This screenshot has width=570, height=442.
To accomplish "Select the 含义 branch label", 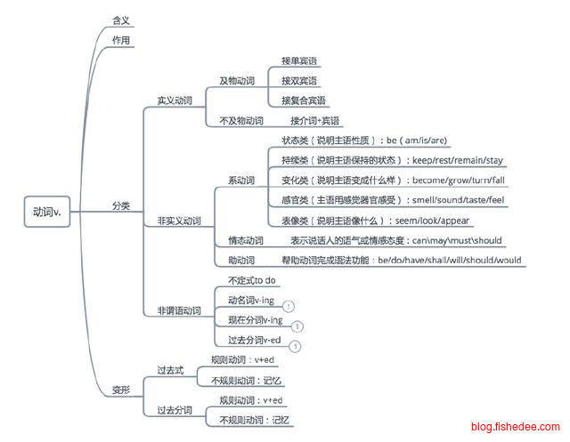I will point(122,18).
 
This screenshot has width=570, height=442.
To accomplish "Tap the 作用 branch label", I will point(122,41).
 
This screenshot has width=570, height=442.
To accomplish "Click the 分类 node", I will point(122,205).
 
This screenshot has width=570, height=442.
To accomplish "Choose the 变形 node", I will point(122,390).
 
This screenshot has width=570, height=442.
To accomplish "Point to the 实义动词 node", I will point(175,100).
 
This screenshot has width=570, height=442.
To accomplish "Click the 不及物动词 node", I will point(240,120).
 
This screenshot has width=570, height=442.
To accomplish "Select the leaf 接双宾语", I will point(299,80).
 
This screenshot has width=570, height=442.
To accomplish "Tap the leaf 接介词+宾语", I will point(315,120).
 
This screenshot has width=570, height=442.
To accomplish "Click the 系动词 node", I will point(240,181).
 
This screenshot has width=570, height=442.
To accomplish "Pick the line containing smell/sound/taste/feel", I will point(393,200).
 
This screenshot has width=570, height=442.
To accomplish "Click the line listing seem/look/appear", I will point(375,221).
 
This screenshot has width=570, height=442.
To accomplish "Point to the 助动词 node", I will point(240,261).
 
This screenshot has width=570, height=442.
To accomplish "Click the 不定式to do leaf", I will point(252,280).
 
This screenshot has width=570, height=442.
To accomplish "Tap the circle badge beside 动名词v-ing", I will point(289,306).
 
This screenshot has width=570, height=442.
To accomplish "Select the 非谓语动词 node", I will point(178,310).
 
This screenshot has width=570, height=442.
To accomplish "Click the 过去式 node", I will point(169,370).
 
